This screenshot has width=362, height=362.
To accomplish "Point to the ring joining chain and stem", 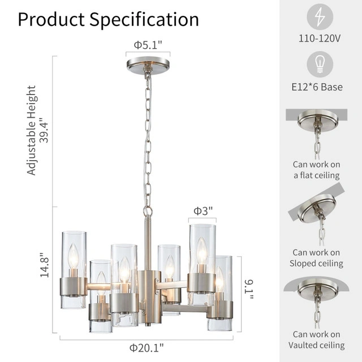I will point(148,212).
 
